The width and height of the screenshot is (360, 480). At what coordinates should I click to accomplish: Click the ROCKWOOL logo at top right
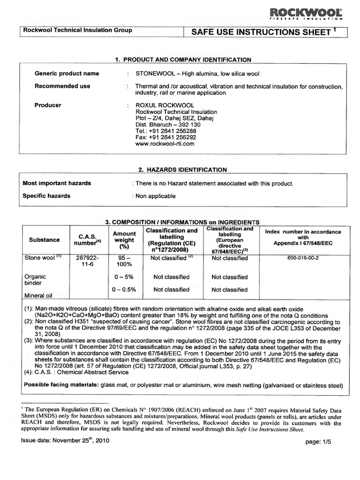pos(311,13)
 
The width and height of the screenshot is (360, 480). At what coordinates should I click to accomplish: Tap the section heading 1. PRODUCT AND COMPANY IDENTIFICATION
pos(183,60)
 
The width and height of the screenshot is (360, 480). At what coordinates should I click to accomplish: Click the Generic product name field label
pos(67,74)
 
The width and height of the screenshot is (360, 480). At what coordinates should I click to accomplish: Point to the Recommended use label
pos(62,86)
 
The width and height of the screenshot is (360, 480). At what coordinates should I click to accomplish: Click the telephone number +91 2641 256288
pos(165,131)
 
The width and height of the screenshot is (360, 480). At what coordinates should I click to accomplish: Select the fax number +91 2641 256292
pos(165,138)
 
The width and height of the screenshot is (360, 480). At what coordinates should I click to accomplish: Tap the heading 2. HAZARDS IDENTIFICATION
pos(183,170)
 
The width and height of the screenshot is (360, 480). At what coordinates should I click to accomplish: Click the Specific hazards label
pos(46,196)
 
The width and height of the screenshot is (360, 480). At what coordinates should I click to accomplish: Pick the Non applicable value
pos(155,196)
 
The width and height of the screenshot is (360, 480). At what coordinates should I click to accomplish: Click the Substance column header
pos(45,240)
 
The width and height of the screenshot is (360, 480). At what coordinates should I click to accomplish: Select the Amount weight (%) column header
pos(124,240)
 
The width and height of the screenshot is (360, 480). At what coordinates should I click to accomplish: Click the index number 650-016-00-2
pos(303,258)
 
